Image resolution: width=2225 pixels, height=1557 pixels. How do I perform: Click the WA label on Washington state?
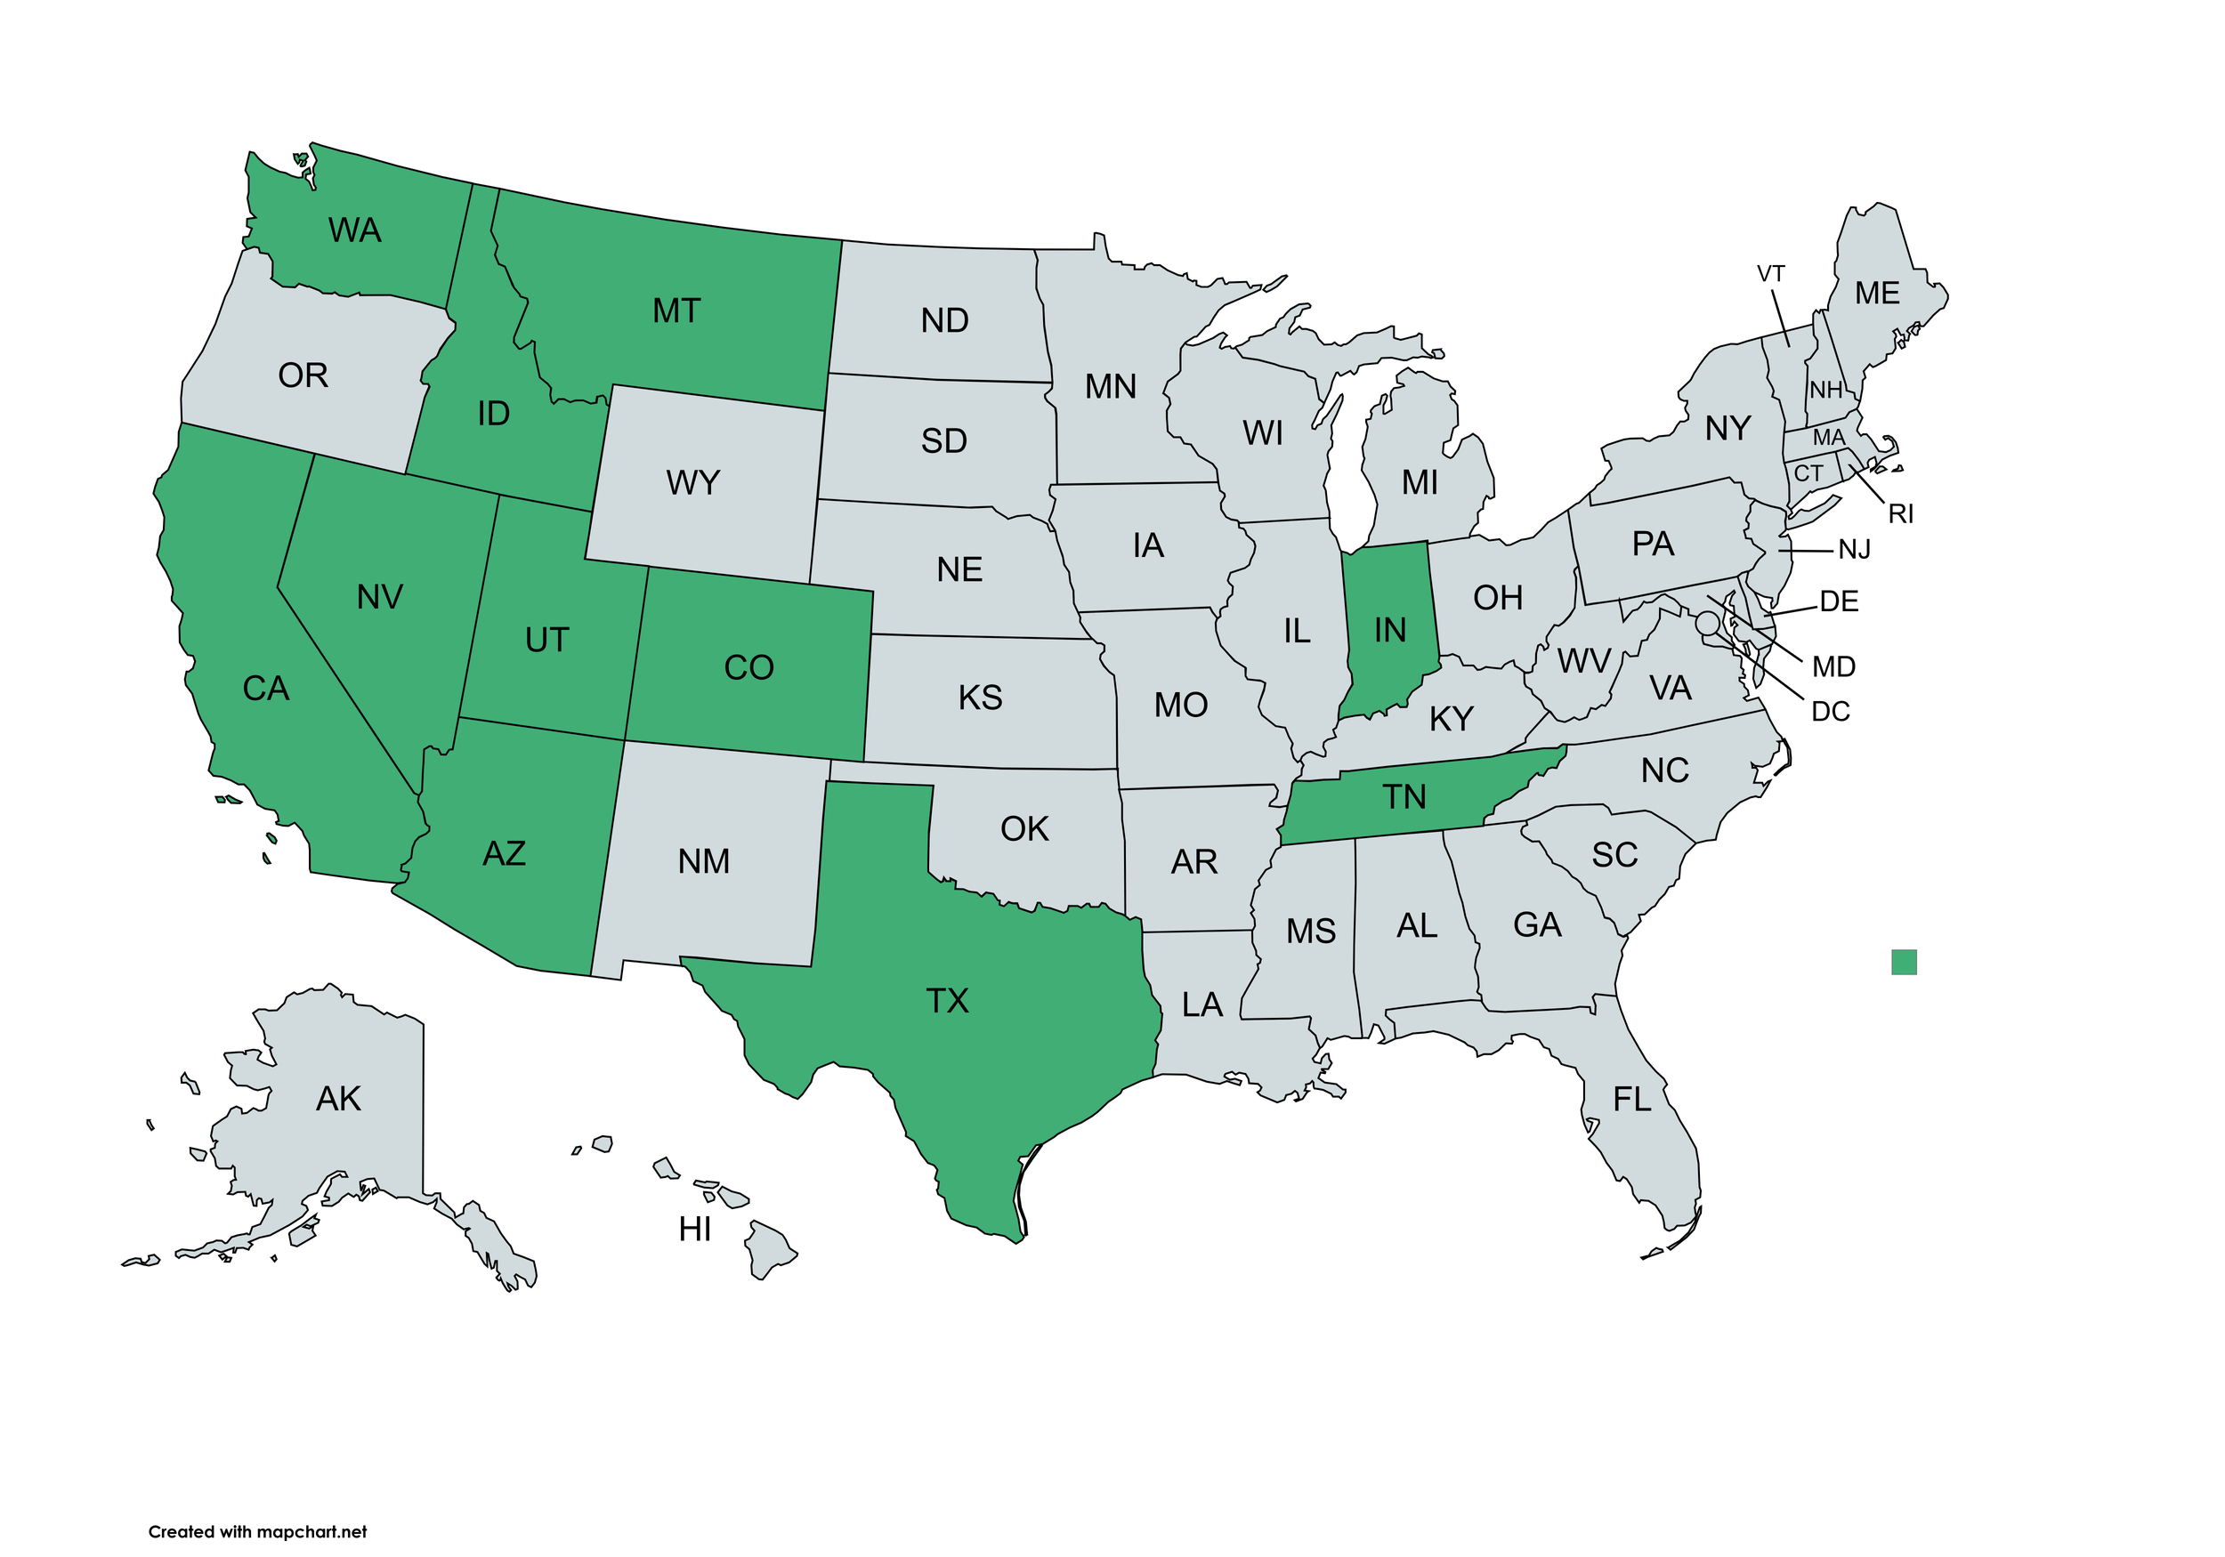pos(355,230)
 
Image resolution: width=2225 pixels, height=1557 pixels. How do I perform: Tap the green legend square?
pos(1904,962)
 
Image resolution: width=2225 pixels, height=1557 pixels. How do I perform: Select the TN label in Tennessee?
pos(1404,797)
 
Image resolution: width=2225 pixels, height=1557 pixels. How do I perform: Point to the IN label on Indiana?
pos(1389,631)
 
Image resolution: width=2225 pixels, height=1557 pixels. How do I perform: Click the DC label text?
pos(1830,712)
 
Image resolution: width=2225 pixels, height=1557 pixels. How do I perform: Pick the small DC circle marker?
pos(1708,622)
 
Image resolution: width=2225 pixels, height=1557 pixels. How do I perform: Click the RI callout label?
pos(1900,514)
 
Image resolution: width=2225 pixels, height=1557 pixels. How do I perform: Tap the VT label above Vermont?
pos(1770,274)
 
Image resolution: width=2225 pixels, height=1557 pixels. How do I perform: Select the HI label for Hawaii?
pos(695,1230)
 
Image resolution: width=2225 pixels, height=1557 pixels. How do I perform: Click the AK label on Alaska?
pos(338,1099)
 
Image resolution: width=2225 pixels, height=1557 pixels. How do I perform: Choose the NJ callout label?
pos(1854,551)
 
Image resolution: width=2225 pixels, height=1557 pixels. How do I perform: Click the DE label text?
pos(1839,601)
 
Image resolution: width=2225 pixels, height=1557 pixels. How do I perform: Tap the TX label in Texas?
pos(947,1001)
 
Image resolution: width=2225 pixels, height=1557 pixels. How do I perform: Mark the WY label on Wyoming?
pos(693,482)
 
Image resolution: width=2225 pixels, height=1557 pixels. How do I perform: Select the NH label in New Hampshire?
pos(1825,391)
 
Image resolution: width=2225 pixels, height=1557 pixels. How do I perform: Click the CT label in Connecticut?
pos(1808,474)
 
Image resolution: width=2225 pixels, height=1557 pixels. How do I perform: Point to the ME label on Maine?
pos(1877,294)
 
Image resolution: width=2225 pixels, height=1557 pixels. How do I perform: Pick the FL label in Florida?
pos(1632,1100)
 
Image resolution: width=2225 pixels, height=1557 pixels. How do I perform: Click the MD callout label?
pos(1833,667)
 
